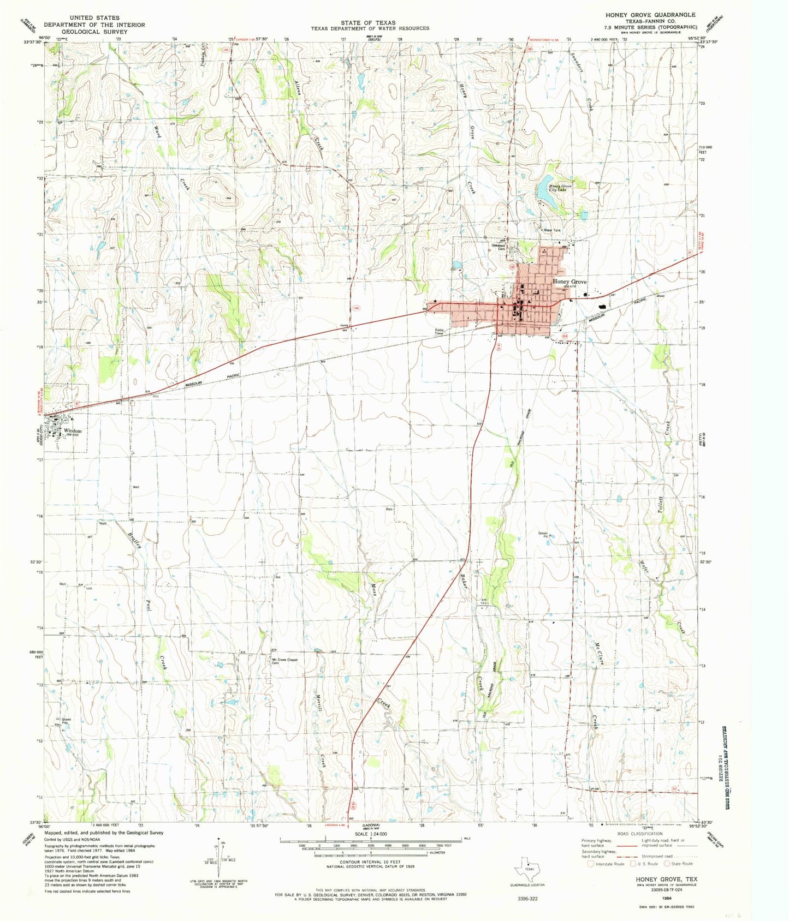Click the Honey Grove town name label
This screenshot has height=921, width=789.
(x=569, y=282)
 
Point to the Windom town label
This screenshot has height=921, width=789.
(x=72, y=430)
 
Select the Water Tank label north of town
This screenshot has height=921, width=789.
(x=551, y=230)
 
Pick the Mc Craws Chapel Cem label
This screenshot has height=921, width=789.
(x=284, y=661)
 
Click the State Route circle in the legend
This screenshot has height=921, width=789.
(x=667, y=863)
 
